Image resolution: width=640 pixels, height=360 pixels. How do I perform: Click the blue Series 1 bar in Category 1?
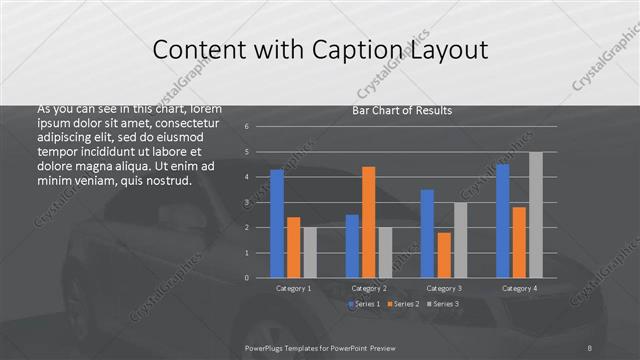[x=277, y=223]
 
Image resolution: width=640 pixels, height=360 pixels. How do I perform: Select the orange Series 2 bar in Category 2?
[x=368, y=222]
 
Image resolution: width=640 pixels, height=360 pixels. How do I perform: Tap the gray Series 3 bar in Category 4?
[x=536, y=215]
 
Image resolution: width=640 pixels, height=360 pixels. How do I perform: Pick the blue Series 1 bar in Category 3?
[x=427, y=233]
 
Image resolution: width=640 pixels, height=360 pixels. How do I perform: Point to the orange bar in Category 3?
[x=444, y=255]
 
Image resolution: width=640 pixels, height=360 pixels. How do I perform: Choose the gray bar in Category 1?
[x=310, y=252]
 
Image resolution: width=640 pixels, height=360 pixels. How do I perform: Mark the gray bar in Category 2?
[x=385, y=252]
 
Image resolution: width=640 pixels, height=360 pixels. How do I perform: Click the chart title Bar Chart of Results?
[x=402, y=110]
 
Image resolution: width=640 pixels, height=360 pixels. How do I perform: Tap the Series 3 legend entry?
[x=443, y=303]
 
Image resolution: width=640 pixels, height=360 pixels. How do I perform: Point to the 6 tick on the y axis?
[x=246, y=127]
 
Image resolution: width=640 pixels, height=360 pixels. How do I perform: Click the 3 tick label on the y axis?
[x=246, y=202]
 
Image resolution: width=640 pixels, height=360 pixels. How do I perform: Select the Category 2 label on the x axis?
[x=369, y=288]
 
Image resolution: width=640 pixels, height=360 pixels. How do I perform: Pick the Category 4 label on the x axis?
[x=520, y=288]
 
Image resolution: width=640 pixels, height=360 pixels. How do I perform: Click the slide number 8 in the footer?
[x=591, y=347]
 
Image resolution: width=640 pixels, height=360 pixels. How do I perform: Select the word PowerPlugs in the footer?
[x=267, y=347]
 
